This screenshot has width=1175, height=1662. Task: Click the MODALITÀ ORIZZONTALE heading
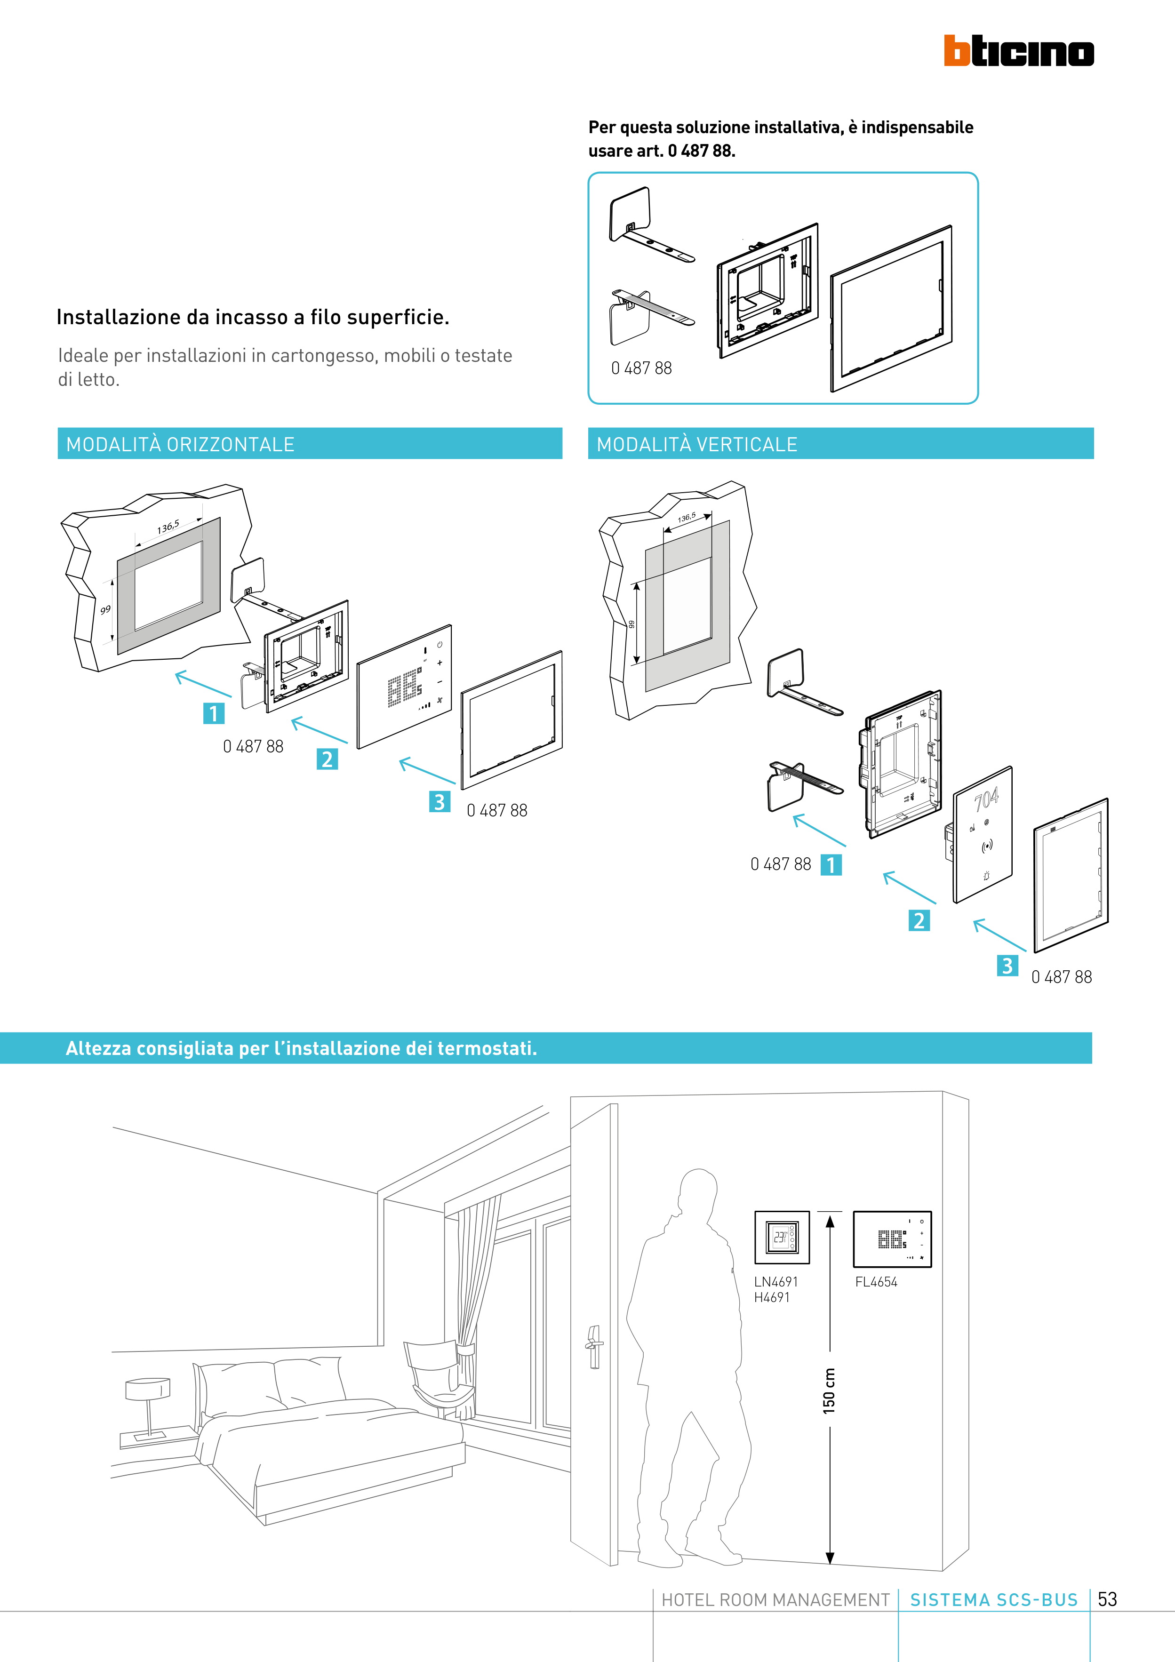pos(180,445)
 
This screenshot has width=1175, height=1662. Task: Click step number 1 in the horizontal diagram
pos(214,714)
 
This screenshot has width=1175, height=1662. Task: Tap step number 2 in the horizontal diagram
pos(327,759)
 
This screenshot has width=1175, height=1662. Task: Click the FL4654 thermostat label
pos(876,1282)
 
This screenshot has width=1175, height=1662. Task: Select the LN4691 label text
pos(775,1282)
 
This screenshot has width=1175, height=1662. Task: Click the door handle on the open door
pos(594,1346)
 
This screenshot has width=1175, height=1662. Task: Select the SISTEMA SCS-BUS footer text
pos(993,1600)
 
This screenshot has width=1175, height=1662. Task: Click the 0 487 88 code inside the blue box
pos(641,368)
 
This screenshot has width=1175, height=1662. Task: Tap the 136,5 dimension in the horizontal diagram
pos(168,527)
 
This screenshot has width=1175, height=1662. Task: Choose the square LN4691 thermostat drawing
pos(782,1237)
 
